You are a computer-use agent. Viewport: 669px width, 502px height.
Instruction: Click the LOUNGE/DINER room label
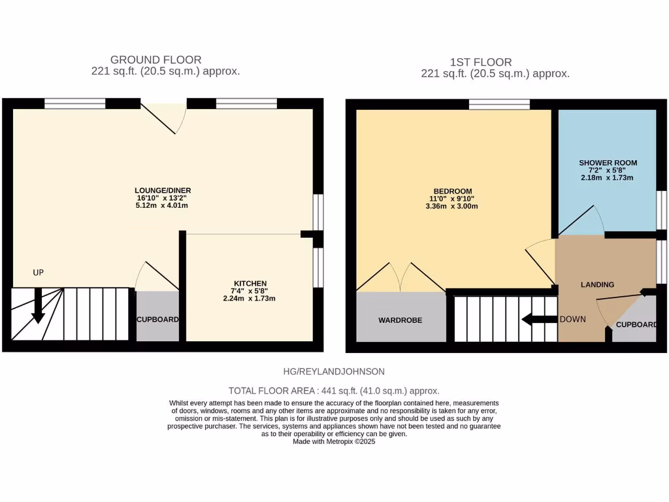point(159,190)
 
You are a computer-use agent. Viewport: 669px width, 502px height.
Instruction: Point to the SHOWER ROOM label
point(608,163)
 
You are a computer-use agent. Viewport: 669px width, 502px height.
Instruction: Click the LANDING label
point(597,284)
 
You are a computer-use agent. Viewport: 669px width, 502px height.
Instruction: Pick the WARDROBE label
point(400,320)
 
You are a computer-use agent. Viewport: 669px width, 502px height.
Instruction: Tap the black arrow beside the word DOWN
point(538,320)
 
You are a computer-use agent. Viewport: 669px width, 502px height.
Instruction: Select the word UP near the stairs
point(38,272)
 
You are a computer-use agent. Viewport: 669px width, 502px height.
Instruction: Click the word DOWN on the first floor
point(572,319)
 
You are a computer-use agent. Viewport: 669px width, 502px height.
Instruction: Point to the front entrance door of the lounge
point(164,116)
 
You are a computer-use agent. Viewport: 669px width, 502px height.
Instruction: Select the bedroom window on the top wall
point(499,104)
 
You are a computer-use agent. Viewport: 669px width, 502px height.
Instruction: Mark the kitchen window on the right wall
point(318,267)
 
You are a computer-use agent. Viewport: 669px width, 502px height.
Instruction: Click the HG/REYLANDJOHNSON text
point(334,371)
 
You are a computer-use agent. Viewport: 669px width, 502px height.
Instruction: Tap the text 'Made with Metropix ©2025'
point(334,441)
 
